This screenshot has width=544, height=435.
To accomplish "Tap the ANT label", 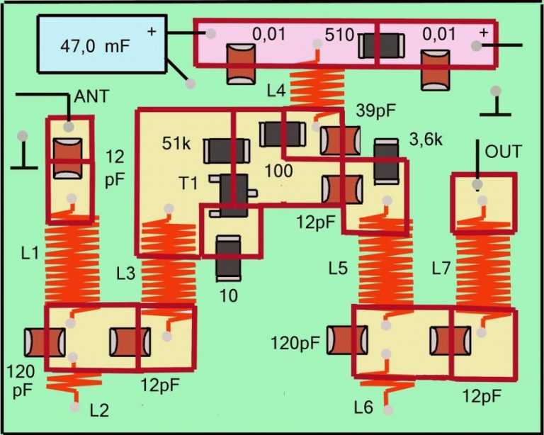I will pos(92,96).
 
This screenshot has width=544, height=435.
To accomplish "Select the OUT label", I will pos(503,152).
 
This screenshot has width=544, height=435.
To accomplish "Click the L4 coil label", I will pos(278,90).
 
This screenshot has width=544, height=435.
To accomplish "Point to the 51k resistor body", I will pos(227,149).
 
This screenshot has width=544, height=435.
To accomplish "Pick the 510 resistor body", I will pos(380,47).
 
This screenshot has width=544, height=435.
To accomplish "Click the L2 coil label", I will pos(101,409).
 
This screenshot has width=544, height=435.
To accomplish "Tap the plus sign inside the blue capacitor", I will pos(151,31).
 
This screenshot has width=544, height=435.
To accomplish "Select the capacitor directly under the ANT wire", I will pos(68,157).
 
